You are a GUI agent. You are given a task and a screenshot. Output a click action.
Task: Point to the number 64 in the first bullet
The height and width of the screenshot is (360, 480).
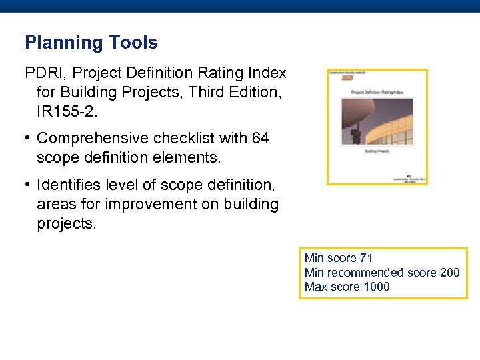pos(260,138)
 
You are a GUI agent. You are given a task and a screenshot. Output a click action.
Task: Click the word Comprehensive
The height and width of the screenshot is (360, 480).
pos(93,138)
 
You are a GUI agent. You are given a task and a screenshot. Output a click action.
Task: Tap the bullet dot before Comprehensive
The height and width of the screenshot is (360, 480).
pos(29,138)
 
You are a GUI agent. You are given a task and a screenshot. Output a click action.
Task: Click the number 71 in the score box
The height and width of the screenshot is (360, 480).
pos(365,258)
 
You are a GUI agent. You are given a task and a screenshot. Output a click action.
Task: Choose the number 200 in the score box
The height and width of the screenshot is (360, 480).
pos(450,273)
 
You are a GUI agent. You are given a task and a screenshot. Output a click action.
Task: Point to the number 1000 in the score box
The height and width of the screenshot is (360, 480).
pos(377,287)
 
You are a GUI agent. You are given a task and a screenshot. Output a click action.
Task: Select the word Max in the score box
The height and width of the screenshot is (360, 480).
pos(315,287)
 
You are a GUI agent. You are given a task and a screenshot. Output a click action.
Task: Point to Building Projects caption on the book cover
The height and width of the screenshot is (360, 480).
pos(377,152)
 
